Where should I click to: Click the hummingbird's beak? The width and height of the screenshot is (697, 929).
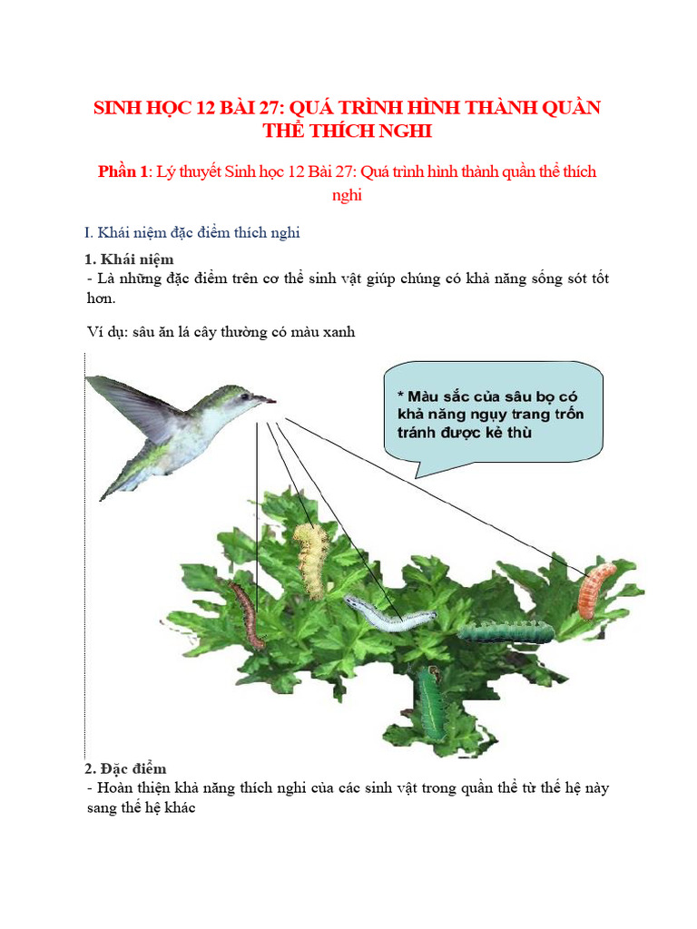click(x=264, y=398)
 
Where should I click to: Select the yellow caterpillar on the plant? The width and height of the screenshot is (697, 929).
click(x=309, y=558)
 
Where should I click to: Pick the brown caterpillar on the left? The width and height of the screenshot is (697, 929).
click(x=247, y=615)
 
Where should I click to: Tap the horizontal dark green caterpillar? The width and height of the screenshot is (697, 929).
click(x=502, y=631)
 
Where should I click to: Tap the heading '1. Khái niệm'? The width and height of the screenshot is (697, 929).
click(x=129, y=259)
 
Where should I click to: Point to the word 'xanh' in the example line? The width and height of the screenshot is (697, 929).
click(x=336, y=332)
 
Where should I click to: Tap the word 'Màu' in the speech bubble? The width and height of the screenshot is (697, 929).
click(x=424, y=396)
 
